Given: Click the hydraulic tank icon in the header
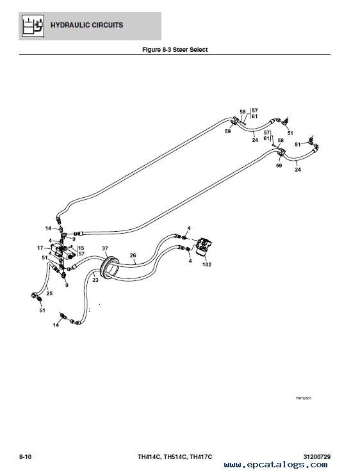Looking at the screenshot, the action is click(x=33, y=26).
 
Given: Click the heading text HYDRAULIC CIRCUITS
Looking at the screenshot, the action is click(x=86, y=25).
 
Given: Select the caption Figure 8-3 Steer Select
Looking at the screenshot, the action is click(x=175, y=50).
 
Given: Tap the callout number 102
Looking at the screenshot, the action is click(x=207, y=264).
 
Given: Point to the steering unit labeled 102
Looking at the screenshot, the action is click(x=204, y=247).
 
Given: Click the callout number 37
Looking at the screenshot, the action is click(x=105, y=248).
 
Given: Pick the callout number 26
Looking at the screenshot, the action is click(x=133, y=255).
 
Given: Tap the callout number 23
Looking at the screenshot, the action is click(x=95, y=280).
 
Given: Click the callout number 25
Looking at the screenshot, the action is click(x=49, y=293).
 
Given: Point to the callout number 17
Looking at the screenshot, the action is click(x=40, y=248).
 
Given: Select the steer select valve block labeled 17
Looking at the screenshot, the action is click(x=63, y=251).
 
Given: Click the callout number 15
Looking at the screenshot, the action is click(x=81, y=248).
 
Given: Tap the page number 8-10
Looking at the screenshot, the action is click(x=26, y=456).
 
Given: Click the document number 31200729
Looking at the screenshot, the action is click(x=317, y=456).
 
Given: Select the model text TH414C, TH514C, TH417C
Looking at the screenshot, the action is click(x=175, y=456).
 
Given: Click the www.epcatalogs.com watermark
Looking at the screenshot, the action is click(x=275, y=465).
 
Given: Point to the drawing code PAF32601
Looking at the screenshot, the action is click(x=304, y=398).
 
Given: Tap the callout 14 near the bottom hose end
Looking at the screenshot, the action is click(x=56, y=325).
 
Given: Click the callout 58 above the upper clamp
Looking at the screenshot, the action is click(x=243, y=112).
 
